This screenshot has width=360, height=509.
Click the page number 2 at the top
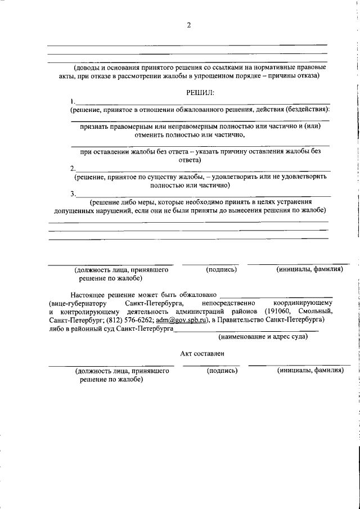pos(189,25)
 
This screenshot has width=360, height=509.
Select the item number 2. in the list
pos(73,168)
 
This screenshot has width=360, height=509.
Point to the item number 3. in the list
pos(73,194)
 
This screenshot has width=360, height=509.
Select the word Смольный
pos(314,311)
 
